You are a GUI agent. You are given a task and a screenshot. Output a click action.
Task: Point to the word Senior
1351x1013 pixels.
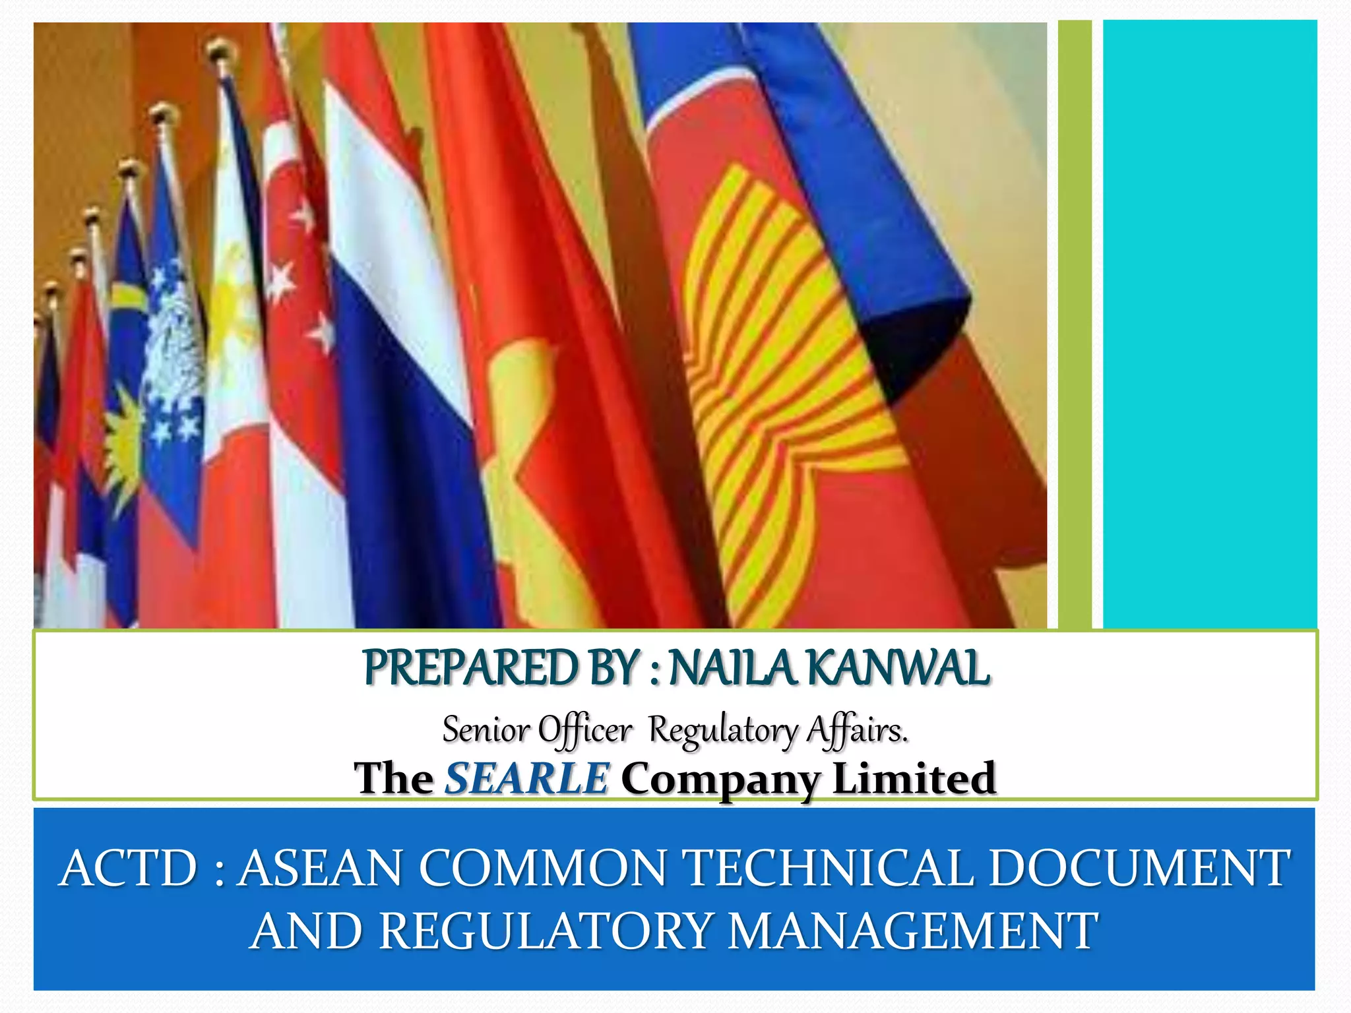coord(486,729)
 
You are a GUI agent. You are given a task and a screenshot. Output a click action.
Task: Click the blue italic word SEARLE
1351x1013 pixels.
coord(526,778)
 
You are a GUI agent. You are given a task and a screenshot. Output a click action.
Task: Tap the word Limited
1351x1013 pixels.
coord(914,778)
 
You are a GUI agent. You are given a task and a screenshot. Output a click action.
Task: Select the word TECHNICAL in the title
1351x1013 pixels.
coord(831,868)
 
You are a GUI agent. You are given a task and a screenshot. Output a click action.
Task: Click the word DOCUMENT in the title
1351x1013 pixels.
coord(1139,868)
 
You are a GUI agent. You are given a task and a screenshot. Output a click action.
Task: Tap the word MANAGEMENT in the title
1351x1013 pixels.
coord(914,931)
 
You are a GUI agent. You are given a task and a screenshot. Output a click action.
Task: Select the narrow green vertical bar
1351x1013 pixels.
coord(1075,323)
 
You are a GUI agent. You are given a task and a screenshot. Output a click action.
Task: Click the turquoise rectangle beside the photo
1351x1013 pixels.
coord(1209,323)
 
